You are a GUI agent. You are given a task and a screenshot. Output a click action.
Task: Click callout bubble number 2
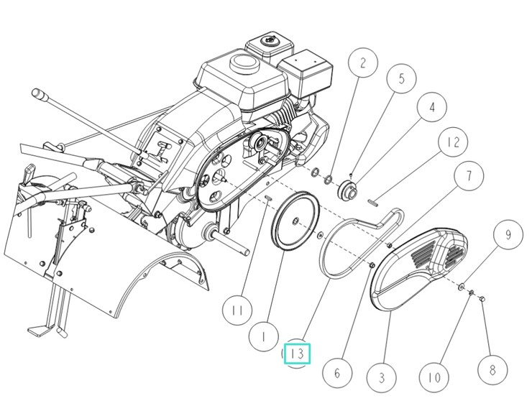(362, 64)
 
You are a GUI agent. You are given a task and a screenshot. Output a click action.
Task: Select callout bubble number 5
(401, 78)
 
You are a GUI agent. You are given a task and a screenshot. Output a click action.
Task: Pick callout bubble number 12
(452, 142)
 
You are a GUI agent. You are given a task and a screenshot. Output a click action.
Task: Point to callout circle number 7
(467, 175)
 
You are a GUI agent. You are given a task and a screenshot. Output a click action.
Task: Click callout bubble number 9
(508, 235)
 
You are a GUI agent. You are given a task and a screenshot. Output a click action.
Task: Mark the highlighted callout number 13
(298, 354)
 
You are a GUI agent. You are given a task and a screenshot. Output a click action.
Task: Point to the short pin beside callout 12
(371, 202)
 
